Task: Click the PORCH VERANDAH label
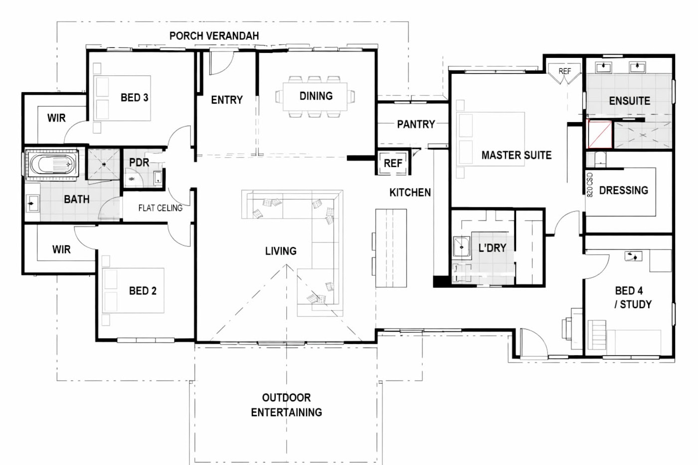click(214, 36)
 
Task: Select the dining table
click(315, 97)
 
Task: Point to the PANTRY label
click(416, 125)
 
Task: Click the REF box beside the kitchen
click(393, 163)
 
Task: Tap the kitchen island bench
click(391, 248)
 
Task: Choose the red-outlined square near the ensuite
click(600, 134)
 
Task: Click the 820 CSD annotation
click(589, 185)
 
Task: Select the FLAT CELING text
click(161, 208)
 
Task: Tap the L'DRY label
click(493, 248)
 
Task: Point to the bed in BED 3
click(122, 98)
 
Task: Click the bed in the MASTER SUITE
click(491, 139)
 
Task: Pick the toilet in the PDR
click(133, 179)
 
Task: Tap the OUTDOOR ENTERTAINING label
click(286, 405)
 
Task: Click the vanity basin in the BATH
click(32, 204)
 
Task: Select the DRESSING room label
click(624, 190)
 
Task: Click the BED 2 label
click(143, 291)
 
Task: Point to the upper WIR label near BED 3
click(56, 118)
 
